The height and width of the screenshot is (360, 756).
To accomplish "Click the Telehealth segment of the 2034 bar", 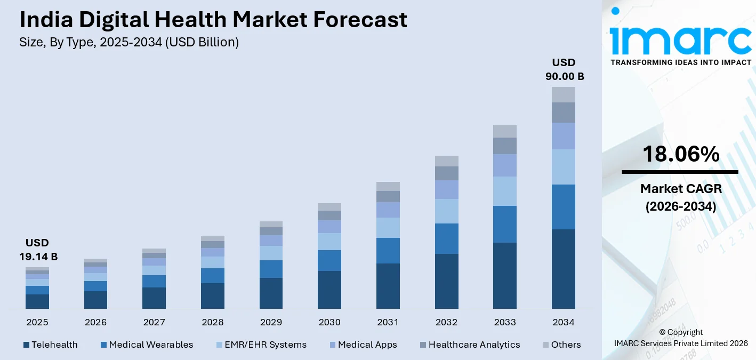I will pos(564,269).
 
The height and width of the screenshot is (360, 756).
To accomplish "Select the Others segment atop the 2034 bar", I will pos(564,94).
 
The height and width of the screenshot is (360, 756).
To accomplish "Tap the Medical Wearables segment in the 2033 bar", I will pos(505,224).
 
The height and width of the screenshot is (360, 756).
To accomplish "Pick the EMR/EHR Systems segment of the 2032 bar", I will pos(446,211).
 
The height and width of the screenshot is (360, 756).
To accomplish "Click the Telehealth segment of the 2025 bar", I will pos(37,301).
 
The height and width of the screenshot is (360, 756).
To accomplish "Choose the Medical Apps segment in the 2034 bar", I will pos(564,136).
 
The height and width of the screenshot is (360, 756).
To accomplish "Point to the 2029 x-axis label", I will pos(271,322).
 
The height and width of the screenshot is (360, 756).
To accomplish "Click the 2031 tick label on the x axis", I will pos(388,322).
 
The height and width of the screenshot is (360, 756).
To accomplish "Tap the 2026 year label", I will pos(95,322).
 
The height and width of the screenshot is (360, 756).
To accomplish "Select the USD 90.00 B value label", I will pos(564,70).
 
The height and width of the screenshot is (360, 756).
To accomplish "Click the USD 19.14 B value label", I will pos(38,250).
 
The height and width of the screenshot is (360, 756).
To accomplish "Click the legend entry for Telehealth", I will pos(51,345).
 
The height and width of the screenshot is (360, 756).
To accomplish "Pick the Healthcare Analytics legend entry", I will pos(469,345).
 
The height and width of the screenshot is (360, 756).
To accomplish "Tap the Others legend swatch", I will pos(545,345).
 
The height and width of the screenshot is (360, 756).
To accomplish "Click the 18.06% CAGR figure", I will pos(680,154).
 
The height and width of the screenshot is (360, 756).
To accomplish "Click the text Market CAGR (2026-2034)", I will pos(680,197).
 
